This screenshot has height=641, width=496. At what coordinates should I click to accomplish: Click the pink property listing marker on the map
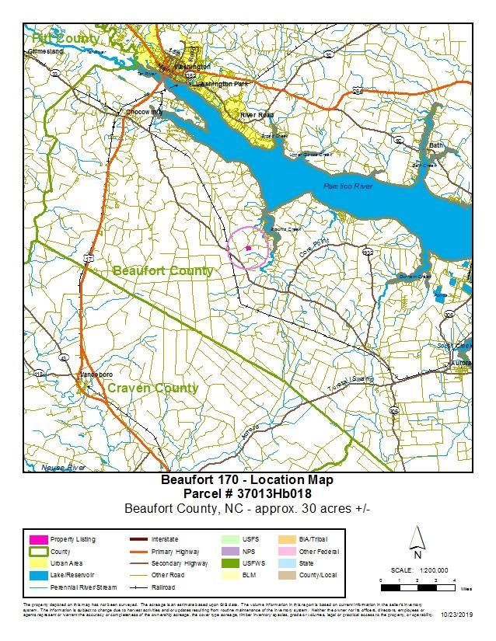click(x=248, y=248)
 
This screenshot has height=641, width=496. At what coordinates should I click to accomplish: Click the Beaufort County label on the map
click(x=163, y=270)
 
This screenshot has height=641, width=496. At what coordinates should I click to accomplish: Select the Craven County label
click(x=152, y=388)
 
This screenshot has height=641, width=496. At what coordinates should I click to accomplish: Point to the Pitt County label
click(x=65, y=38)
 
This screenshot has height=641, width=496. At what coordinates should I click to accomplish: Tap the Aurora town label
click(x=461, y=363)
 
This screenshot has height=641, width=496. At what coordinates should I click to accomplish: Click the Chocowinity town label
click(x=144, y=112)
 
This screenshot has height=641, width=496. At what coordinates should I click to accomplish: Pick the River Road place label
click(x=257, y=115)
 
